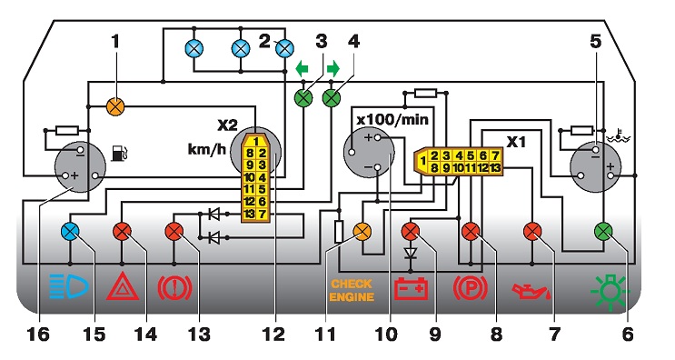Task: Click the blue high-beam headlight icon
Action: [x=69, y=286]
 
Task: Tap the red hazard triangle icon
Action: [x=123, y=286]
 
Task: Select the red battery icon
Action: [x=412, y=288]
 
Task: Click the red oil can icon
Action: [x=531, y=291]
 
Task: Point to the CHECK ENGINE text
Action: [x=352, y=291]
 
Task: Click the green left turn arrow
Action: [x=303, y=68]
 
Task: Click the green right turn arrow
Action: [x=333, y=68]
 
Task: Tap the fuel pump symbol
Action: [x=118, y=154]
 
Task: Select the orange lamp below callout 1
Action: [x=115, y=106]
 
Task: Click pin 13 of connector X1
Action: [x=495, y=167]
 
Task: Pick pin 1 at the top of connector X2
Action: [x=255, y=141]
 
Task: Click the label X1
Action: [x=516, y=142]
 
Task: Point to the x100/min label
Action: [x=392, y=119]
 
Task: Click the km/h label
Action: [x=207, y=150]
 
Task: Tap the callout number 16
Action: [x=38, y=334]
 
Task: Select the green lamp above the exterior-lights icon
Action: [x=603, y=232]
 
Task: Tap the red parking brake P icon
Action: [x=470, y=288]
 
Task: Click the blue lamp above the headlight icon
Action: [x=70, y=232]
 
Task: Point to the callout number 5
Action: [x=595, y=42]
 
